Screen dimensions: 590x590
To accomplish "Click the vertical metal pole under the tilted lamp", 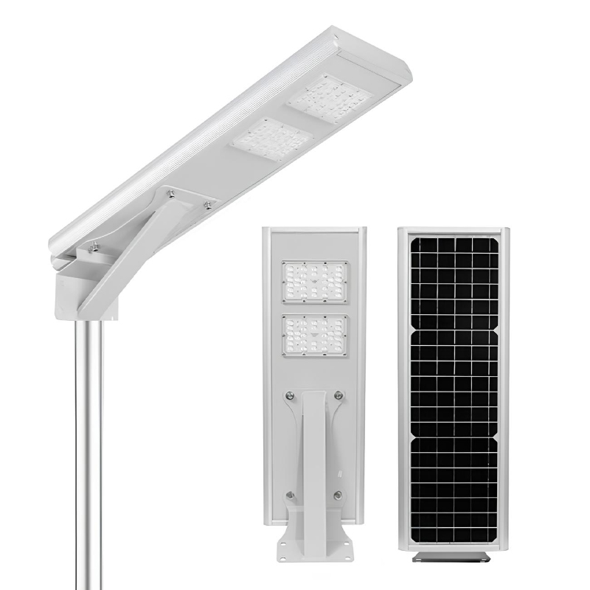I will pos(88,442).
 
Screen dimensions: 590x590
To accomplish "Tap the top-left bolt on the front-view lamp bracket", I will pos(289,397).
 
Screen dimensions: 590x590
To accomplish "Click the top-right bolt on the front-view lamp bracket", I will pos(338,397).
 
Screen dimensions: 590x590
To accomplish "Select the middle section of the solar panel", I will pos(454,383).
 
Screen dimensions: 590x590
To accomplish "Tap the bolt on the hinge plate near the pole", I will pos(94,249).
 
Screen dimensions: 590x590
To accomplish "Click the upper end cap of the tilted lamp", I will pos(383,66).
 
